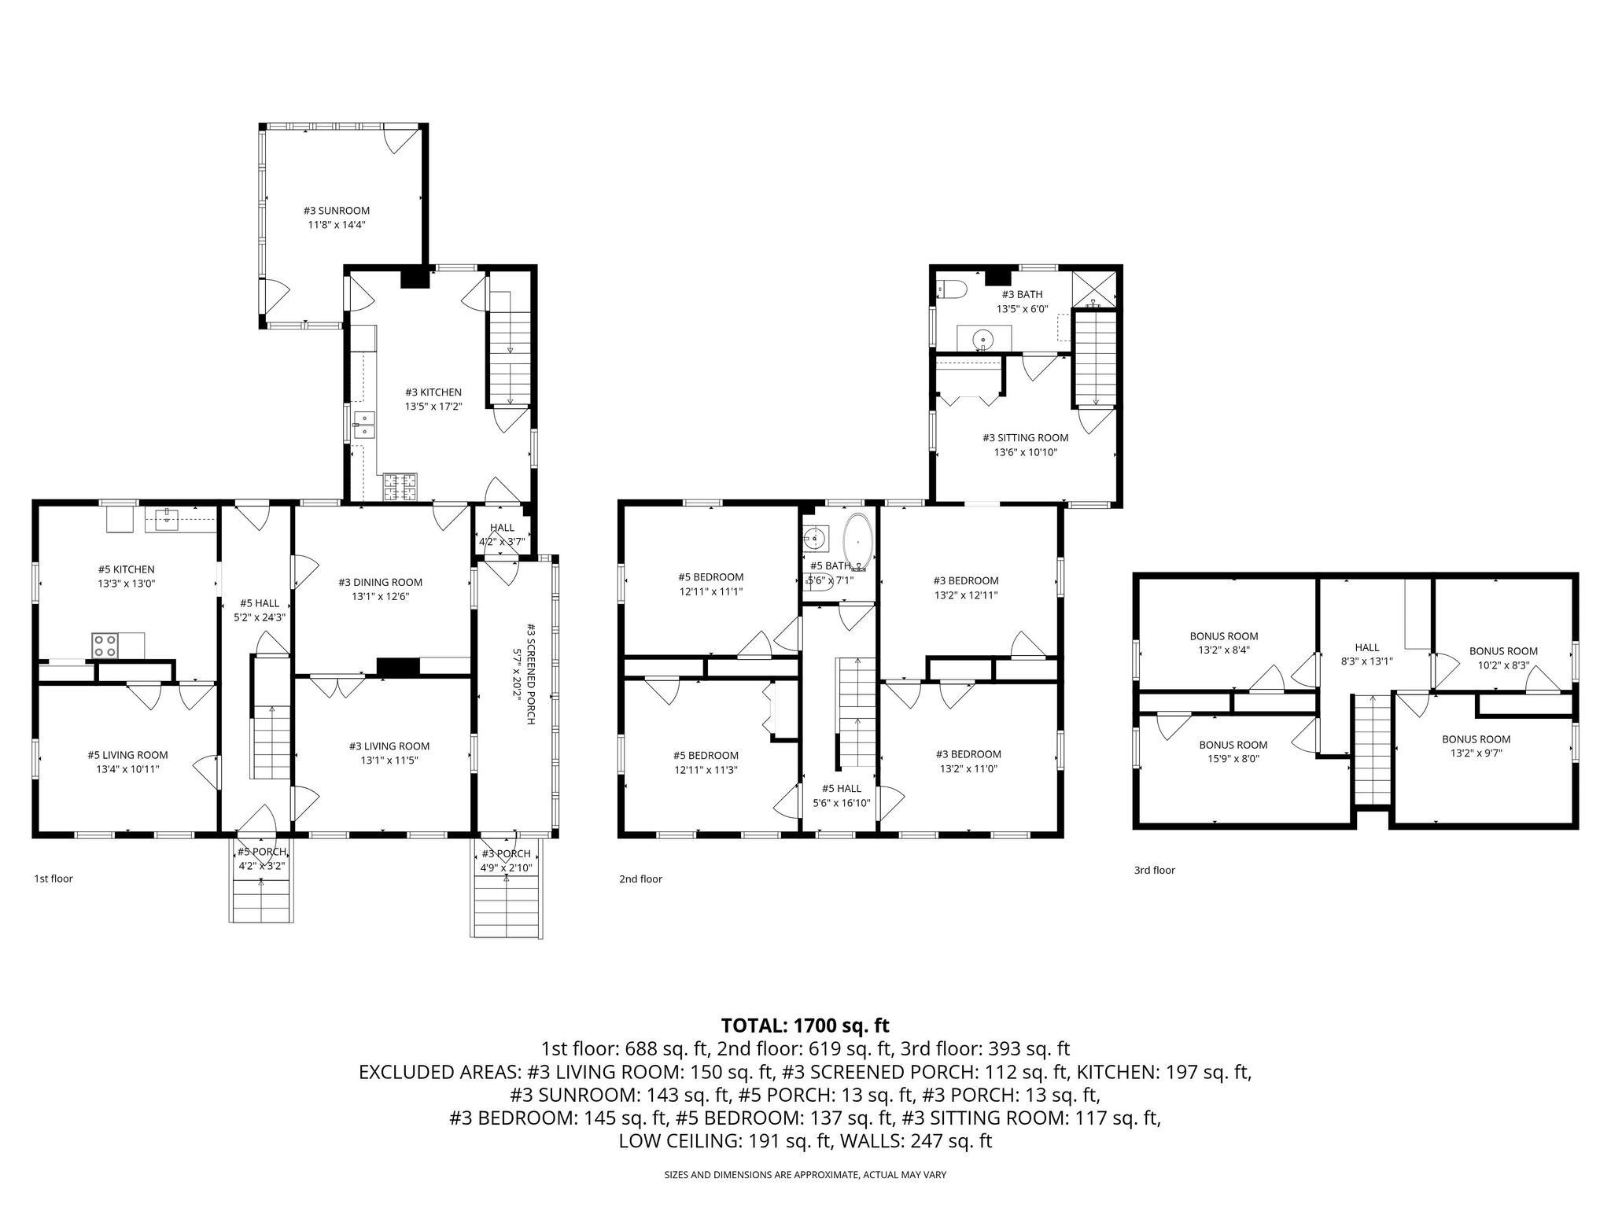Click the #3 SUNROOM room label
click(x=337, y=210)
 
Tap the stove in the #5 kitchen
click(x=105, y=646)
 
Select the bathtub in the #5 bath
click(x=857, y=543)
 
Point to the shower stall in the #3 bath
click(x=1095, y=289)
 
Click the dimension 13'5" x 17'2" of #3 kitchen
click(x=433, y=407)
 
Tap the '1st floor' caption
click(x=53, y=878)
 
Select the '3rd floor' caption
click(x=1154, y=870)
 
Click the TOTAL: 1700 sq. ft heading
click(x=805, y=1026)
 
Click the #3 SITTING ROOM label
click(x=1025, y=437)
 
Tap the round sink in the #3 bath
click(x=982, y=340)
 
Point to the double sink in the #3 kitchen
click(x=364, y=424)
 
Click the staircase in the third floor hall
click(x=1372, y=751)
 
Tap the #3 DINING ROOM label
click(x=380, y=582)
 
